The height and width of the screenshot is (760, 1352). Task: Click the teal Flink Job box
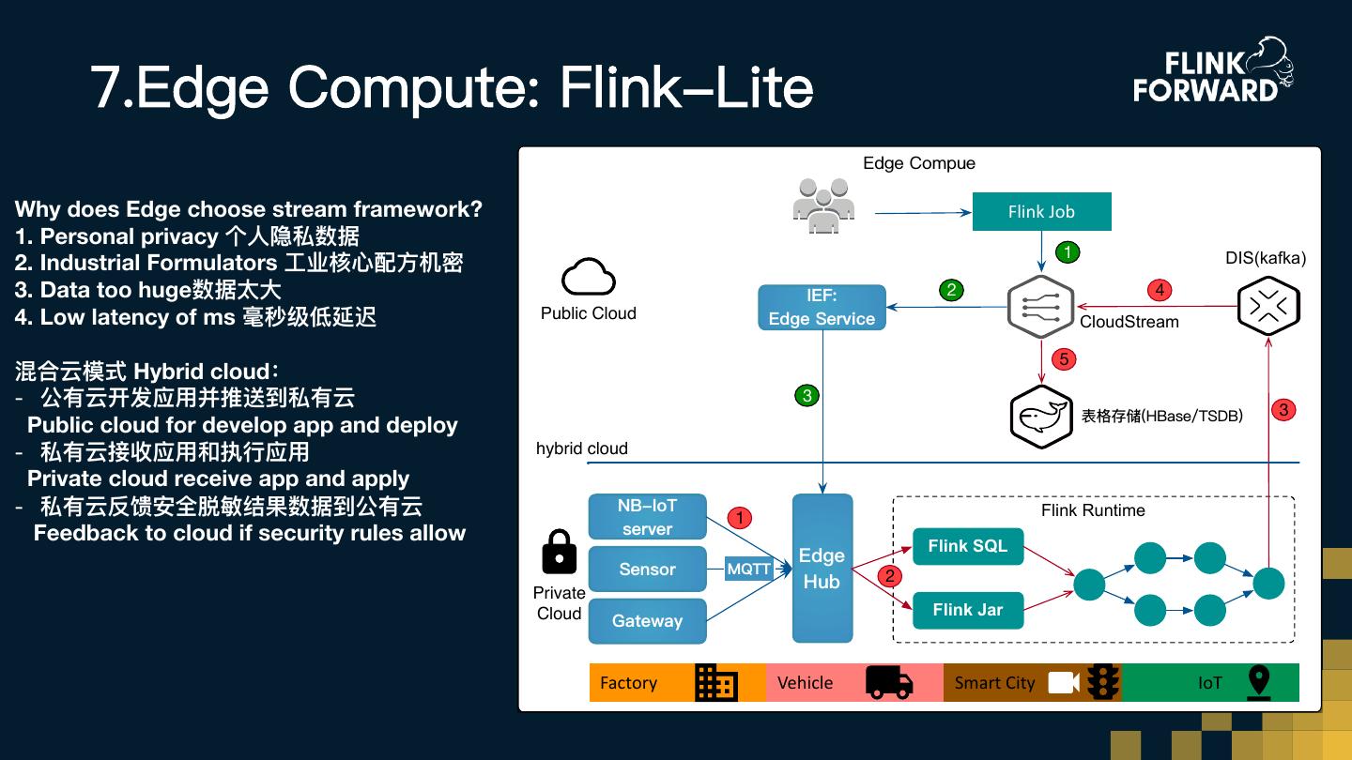tap(1041, 212)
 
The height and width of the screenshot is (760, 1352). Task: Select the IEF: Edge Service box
tap(822, 308)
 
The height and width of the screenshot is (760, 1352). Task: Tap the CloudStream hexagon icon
tap(1040, 307)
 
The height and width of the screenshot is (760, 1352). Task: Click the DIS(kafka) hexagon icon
tap(1267, 306)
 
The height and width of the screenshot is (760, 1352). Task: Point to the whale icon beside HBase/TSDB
tap(1041, 417)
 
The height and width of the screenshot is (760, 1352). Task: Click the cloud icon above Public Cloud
tap(588, 279)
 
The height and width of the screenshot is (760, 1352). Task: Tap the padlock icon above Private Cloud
tap(560, 552)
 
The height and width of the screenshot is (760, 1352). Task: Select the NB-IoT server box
tap(647, 517)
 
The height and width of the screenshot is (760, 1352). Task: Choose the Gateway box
tap(647, 621)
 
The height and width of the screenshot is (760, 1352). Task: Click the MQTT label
tap(748, 569)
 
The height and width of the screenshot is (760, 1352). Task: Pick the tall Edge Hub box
tap(822, 569)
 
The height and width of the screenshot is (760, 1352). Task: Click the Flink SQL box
tap(967, 546)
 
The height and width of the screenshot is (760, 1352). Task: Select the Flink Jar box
tap(967, 610)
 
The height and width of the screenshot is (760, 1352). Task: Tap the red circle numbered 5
tap(1064, 359)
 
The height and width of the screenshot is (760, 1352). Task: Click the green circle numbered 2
tap(951, 290)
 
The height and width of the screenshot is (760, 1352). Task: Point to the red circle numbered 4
tap(1160, 290)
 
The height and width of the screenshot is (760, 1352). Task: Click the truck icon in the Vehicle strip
tap(888, 682)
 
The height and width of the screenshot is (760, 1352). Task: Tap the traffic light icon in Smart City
tap(1103, 682)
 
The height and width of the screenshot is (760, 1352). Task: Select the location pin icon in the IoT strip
tap(1259, 682)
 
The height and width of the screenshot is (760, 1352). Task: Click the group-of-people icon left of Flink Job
tap(823, 205)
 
